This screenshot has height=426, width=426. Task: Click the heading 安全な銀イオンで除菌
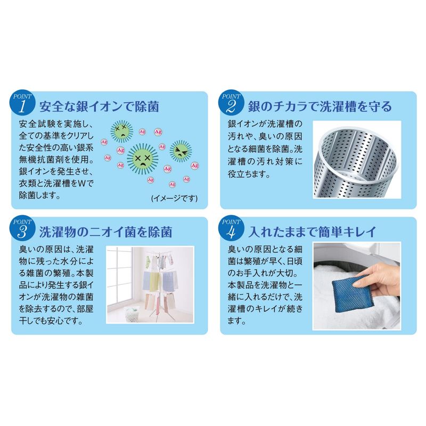[99, 106]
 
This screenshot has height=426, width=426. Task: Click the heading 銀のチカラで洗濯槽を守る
[320, 106]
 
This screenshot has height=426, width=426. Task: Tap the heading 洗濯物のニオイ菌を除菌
[105, 232]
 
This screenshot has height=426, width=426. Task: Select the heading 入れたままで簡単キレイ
[312, 232]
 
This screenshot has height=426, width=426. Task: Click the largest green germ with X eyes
[143, 159]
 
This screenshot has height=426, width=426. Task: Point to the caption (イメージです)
[175, 198]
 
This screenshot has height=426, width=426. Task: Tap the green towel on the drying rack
[155, 281]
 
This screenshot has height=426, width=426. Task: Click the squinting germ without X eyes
[181, 151]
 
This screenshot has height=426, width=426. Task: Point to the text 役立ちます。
[249, 174]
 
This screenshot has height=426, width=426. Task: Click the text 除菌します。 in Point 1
[39, 195]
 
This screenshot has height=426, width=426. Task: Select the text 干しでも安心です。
[51, 321]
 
